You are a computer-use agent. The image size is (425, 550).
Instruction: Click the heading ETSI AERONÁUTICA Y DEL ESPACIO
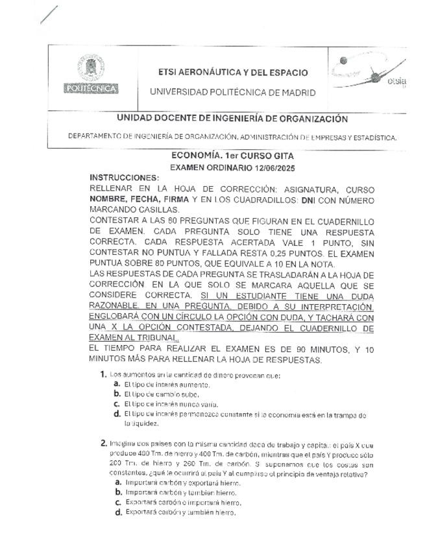pos(233,73)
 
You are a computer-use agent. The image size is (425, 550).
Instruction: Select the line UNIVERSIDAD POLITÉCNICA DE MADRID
pos(233,92)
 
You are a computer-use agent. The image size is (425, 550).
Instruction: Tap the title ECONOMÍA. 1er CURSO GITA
pos(232,156)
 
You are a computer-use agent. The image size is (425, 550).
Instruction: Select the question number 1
pos(104,374)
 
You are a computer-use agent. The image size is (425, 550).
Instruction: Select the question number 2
pos(104,443)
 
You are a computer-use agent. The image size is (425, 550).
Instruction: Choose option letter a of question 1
pos(117,384)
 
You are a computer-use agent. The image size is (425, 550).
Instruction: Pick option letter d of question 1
pos(117,414)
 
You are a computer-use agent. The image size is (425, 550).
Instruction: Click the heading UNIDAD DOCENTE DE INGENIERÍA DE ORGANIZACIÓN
pos(232,119)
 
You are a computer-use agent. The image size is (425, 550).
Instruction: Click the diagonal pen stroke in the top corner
pos(49,14)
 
